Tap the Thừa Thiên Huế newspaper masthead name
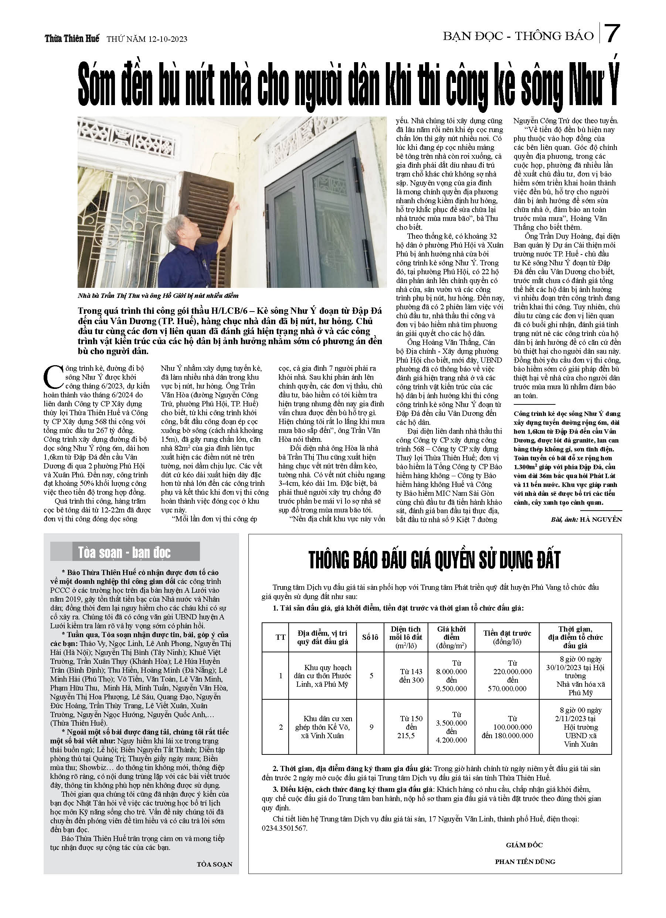click(x=72, y=39)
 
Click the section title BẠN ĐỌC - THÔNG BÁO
click(x=518, y=36)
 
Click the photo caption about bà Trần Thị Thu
click(x=158, y=296)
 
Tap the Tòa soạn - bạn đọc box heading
click(x=125, y=552)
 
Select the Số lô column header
click(x=370, y=637)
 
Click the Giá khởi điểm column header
click(x=451, y=637)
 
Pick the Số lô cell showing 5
click(x=371, y=676)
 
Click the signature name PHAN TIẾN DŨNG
click(x=525, y=862)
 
